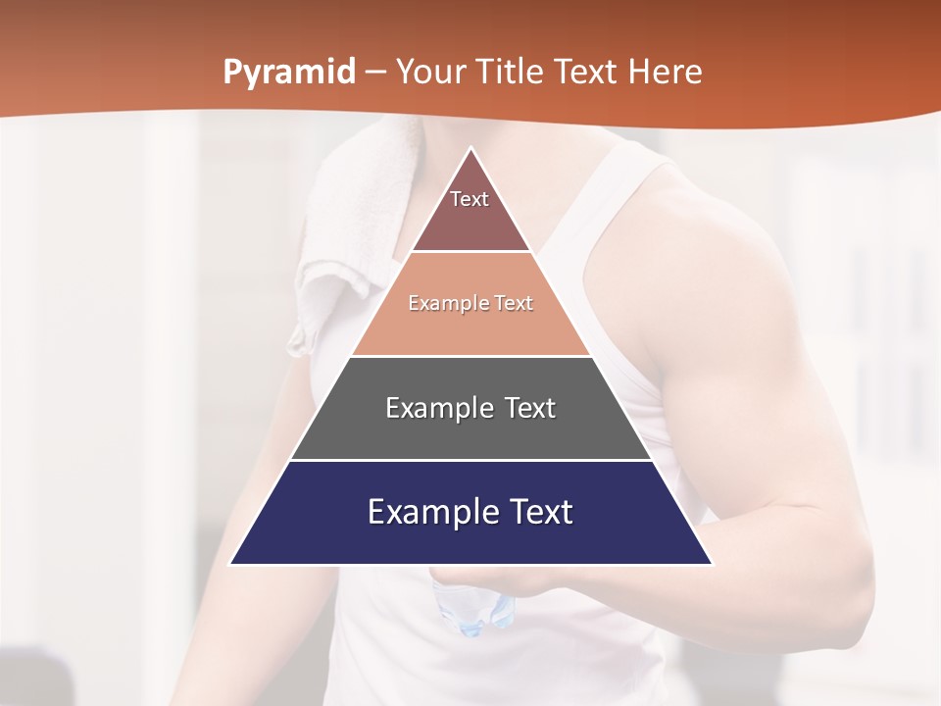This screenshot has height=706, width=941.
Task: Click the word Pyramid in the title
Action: (x=289, y=73)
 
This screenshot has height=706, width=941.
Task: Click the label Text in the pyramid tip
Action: (x=470, y=199)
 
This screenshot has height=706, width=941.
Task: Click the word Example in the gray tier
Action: (x=435, y=408)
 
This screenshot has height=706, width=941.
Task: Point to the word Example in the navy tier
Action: (x=428, y=512)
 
